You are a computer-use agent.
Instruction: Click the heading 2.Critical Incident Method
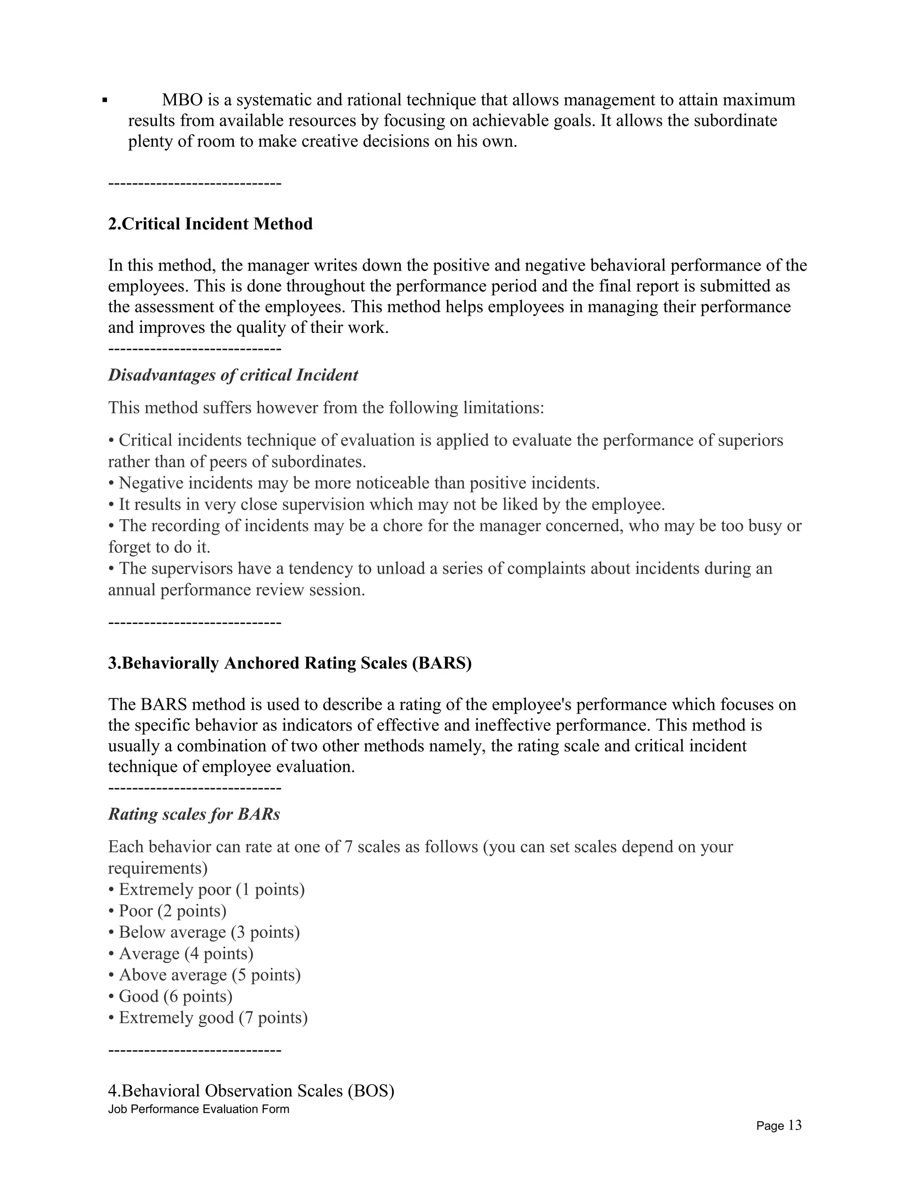tap(210, 224)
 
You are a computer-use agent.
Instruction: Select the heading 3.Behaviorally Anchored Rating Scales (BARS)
tap(290, 663)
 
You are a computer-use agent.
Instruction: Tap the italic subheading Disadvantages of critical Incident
tap(233, 375)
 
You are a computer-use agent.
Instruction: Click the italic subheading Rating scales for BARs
tap(194, 814)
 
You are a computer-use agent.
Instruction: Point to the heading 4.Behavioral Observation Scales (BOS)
tap(251, 1090)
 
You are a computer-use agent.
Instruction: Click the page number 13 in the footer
tap(794, 1125)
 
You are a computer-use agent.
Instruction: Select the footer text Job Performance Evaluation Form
tap(198, 1109)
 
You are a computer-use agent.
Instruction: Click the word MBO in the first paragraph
tap(182, 100)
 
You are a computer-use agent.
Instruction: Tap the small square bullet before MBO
tap(105, 100)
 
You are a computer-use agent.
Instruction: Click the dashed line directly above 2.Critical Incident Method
tap(194, 184)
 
